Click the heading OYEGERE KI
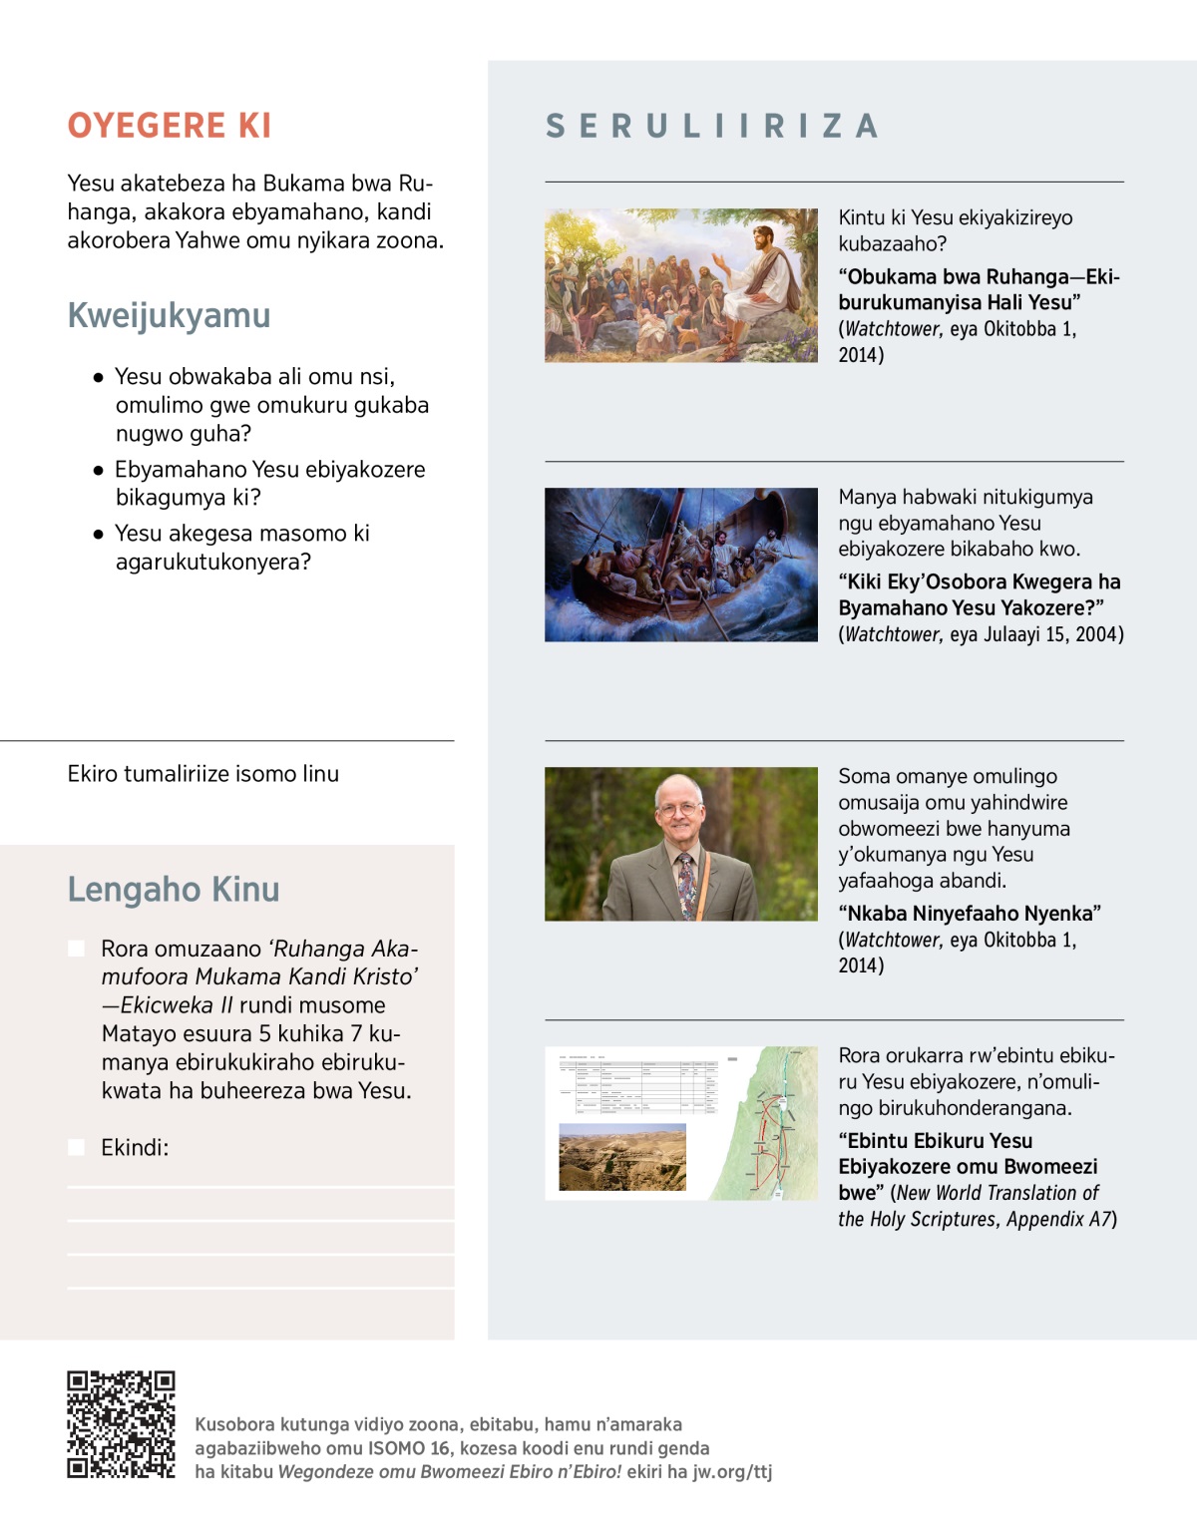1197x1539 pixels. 170,126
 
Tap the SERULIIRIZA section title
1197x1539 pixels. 712,127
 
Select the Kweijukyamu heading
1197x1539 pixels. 169,315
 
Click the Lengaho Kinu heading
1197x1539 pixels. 174,889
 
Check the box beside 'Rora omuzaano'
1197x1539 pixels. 76,949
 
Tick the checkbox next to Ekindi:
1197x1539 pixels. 76,1147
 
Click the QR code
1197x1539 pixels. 121,1423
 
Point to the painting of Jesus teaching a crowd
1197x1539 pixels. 681,285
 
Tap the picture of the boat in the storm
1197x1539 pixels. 681,565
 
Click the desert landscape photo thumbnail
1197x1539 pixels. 622,1157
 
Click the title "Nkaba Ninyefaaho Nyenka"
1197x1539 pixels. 970,914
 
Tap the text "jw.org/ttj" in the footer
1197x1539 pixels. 733,1471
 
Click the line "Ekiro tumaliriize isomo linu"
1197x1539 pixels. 203,774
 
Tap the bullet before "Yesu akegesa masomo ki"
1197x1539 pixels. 98,534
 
